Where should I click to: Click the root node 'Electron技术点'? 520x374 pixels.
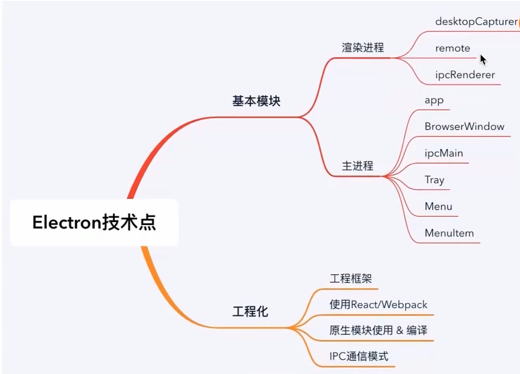coord(94,223)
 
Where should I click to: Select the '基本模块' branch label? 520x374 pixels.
coord(256,101)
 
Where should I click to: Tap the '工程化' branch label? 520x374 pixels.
coord(250,312)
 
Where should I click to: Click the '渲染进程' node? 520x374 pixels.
coord(363,48)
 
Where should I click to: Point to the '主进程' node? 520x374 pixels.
coord(357,166)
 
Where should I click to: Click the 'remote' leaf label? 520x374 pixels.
coord(452,48)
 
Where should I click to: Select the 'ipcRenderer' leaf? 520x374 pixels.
coord(465,75)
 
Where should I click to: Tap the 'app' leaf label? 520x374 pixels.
coord(434,100)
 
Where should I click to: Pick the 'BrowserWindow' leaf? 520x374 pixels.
coord(464,127)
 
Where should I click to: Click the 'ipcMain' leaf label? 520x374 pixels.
coord(444,153)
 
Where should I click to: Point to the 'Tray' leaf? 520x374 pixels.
coord(434,180)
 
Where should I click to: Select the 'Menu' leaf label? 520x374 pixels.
coord(438,206)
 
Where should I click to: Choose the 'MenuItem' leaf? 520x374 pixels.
coord(449,233)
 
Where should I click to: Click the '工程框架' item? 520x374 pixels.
coord(350,279)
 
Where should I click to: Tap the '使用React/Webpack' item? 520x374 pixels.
coord(378,304)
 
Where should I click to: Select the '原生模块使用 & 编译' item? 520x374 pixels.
coord(378,330)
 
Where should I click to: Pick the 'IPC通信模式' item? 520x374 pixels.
coord(359,357)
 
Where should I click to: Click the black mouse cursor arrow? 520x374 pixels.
coord(483,59)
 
